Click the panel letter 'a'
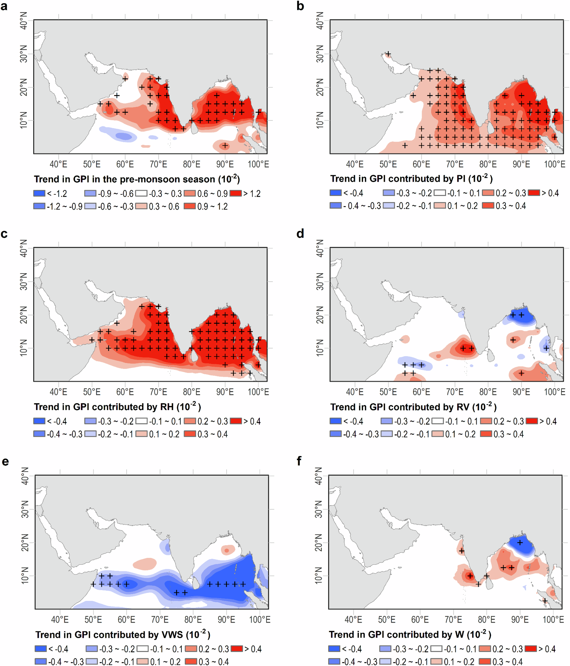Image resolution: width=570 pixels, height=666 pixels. pos(4,6)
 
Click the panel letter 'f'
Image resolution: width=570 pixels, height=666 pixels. pos(299,461)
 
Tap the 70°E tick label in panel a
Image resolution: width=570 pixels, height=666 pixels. pos(158,164)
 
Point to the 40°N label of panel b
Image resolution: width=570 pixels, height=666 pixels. pos(320,21)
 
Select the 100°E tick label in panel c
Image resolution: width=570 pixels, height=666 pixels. pos(258,392)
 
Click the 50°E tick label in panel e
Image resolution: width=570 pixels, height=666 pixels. pos(93,619)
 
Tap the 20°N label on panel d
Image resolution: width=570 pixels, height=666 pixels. pos(320,315)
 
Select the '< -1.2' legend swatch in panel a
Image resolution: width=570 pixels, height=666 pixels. pos(39,193)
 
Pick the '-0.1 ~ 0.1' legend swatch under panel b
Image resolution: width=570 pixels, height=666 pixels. pos(440,193)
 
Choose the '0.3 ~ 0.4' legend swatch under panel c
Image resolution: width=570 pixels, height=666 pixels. pos(190,434)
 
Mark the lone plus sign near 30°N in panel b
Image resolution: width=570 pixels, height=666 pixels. pos(388,54)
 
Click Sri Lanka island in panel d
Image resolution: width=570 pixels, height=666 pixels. pos(490,355)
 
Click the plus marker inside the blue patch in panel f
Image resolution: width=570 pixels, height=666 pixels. pos(520,543)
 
